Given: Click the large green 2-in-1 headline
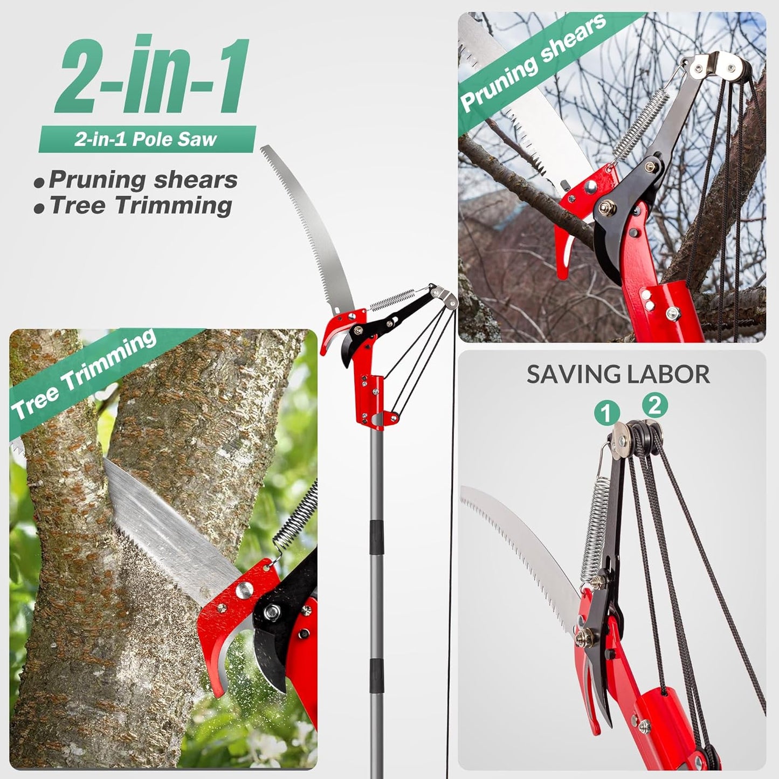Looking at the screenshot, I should (x=154, y=75).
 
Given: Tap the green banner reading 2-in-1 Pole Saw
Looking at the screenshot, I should (x=146, y=140).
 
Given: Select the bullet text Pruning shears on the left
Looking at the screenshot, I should (x=143, y=180).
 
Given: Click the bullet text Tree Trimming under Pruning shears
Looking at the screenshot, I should (x=140, y=206).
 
